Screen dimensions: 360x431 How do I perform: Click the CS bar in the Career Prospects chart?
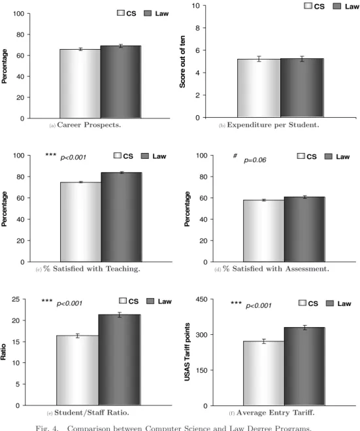click(80, 84)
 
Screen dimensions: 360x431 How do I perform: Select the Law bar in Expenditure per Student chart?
click(302, 88)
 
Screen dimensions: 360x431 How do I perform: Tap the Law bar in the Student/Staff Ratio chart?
click(120, 360)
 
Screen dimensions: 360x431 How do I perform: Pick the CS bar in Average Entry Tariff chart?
click(264, 373)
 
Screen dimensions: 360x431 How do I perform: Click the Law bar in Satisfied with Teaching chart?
click(122, 217)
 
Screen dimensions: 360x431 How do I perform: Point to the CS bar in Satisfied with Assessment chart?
click(264, 231)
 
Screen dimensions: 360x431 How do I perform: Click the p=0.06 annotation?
click(255, 160)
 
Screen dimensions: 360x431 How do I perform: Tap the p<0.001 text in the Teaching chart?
click(73, 158)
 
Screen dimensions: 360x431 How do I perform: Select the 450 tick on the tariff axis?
click(201, 300)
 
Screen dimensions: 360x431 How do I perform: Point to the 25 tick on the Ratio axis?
click(16, 299)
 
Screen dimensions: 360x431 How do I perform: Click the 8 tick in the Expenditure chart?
click(197, 28)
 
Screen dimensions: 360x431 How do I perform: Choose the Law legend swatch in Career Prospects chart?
click(148, 13)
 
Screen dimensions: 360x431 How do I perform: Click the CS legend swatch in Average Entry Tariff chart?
click(303, 303)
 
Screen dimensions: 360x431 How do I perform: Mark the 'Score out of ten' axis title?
click(182, 61)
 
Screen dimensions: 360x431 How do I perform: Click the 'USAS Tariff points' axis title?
click(187, 352)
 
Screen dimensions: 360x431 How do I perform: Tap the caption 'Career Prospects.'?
click(89, 125)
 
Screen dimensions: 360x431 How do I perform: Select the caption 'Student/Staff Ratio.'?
click(91, 413)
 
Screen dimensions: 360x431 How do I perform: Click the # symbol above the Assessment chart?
click(235, 156)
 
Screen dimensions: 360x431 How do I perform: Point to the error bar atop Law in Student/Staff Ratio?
click(120, 315)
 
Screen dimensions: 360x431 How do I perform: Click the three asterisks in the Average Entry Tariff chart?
click(236, 303)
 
